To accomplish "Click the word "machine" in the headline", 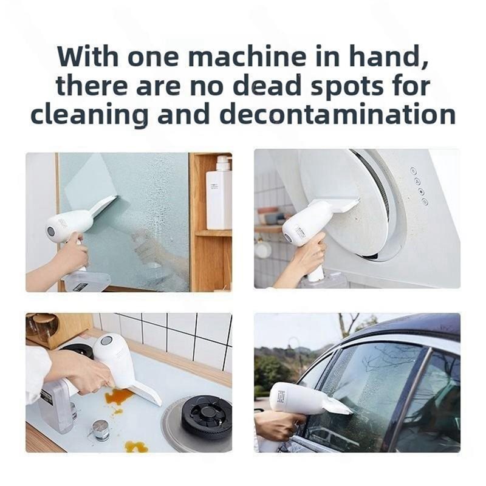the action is coord(247,56).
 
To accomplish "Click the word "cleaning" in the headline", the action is coord(89,115).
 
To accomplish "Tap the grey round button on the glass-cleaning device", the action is coord(51,231).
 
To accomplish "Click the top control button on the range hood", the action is coord(413,170).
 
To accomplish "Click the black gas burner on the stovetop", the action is coord(207,414).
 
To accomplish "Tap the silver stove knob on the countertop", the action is coord(101,430).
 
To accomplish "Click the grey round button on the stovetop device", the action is coord(106,341).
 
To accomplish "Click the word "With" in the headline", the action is coord(87,56).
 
